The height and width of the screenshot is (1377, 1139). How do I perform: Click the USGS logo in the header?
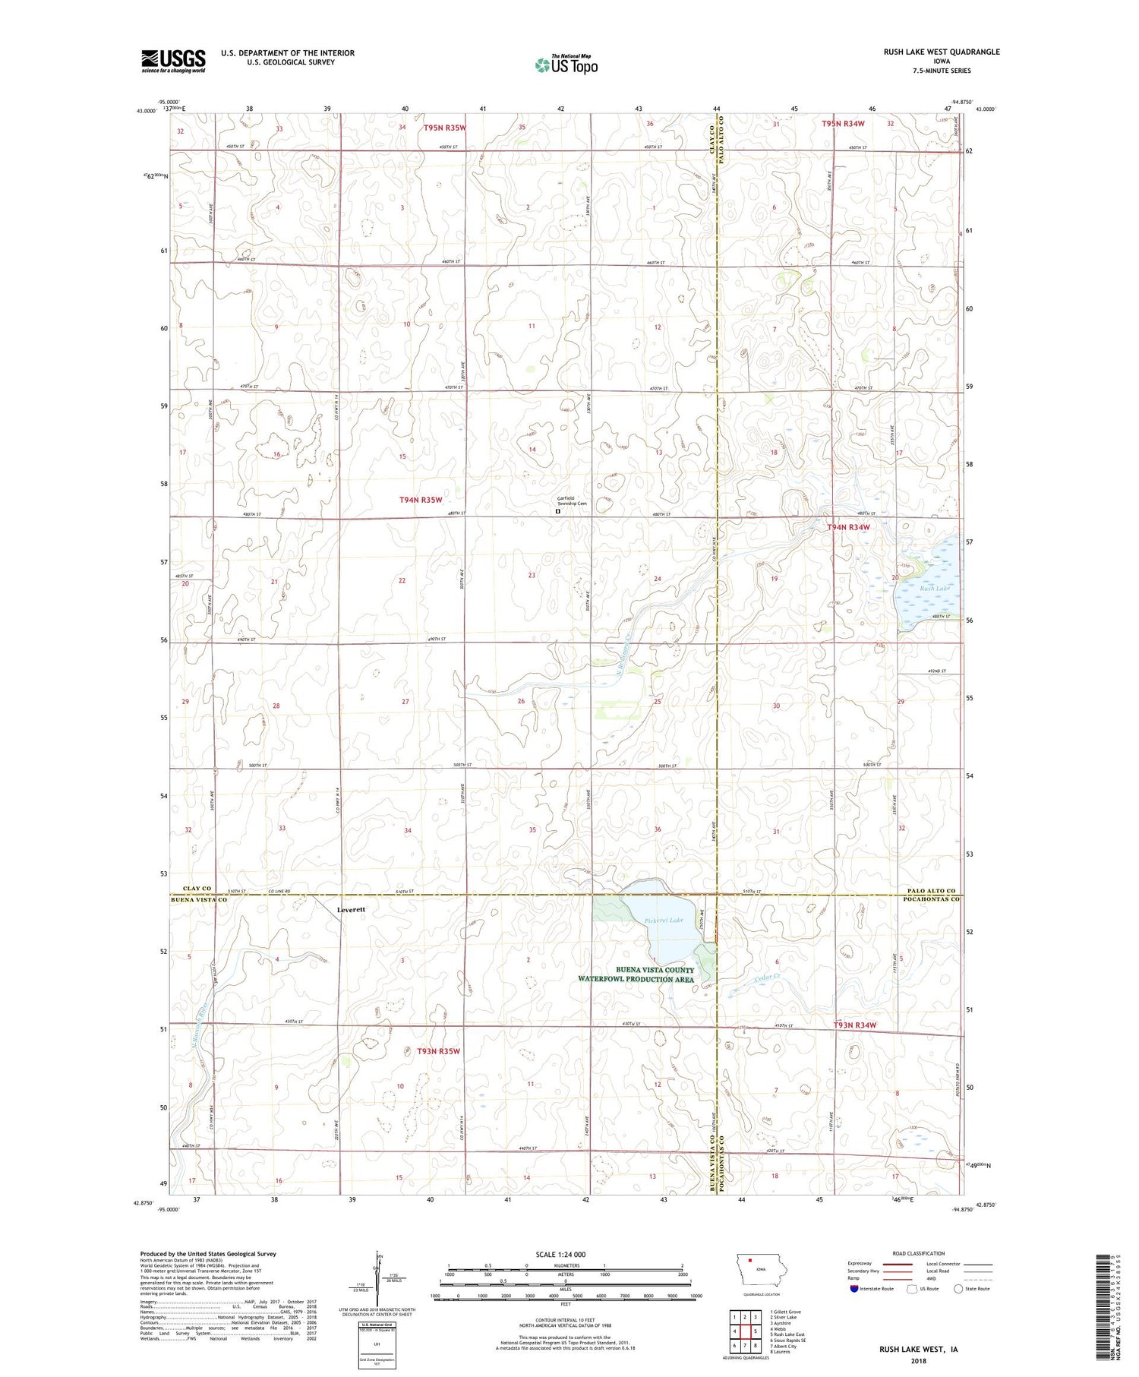point(173,61)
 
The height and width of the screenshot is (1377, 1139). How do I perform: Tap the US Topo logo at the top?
point(566,65)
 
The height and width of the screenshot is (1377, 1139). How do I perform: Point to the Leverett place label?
point(352,909)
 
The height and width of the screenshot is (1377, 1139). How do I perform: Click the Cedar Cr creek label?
point(767,977)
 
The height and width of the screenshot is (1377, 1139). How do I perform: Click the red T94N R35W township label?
point(421,500)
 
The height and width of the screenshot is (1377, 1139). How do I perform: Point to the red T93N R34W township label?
point(855,1025)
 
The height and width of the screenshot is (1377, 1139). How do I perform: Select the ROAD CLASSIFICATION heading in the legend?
point(918,1253)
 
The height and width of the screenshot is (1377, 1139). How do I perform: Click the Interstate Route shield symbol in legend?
point(854,1289)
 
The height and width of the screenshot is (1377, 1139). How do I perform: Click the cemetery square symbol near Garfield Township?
point(557,512)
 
